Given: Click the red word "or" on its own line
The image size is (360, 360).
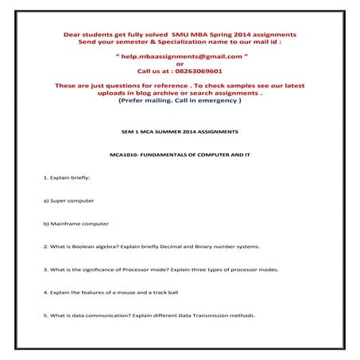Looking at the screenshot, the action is (180, 64).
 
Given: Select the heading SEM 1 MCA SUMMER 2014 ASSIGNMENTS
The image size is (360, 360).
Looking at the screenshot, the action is (180, 129).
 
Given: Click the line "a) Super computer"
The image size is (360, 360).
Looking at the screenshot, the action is (69, 200).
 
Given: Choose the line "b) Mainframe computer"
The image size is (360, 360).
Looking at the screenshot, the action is (76, 223).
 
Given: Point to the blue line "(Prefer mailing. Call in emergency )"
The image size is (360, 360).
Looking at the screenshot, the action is (180, 101).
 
